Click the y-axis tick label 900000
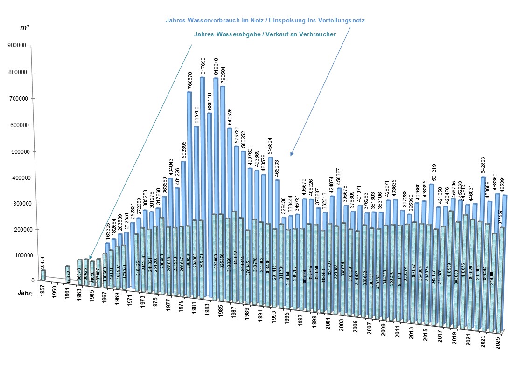[18, 45]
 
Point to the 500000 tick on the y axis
[18, 151]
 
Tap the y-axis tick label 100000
[18, 255]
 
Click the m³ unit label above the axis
[25, 28]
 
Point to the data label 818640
[216, 67]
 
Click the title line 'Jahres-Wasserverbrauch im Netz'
[265, 20]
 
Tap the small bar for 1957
[43, 275]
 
